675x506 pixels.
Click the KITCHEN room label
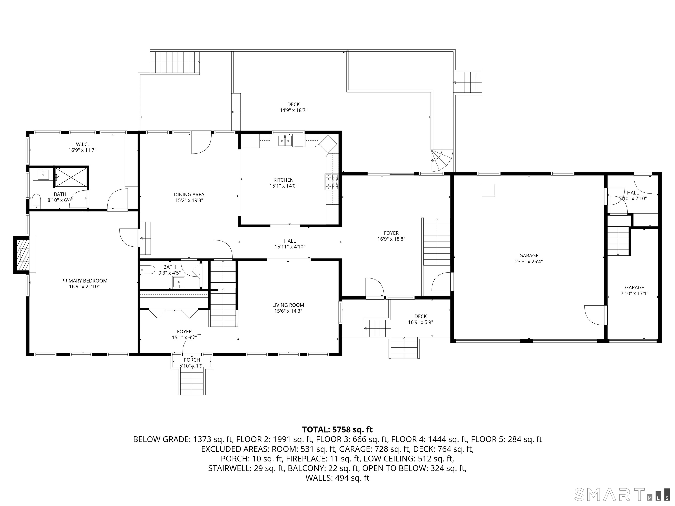[x=283, y=180]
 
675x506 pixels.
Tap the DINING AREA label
[x=189, y=195]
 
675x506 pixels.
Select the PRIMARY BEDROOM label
[x=84, y=281]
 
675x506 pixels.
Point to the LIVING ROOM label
[x=288, y=305]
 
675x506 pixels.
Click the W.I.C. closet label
[x=82, y=144]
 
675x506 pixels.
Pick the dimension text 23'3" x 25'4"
[x=529, y=261]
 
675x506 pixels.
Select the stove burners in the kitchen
[x=332, y=182]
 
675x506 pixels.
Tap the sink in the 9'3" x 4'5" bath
[x=178, y=282]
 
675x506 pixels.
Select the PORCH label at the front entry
[x=192, y=360]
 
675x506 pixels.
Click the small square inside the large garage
[x=488, y=190]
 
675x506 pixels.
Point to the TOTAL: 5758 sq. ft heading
[x=337, y=430]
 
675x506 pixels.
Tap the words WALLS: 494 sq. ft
[x=337, y=478]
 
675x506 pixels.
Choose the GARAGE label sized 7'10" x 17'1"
[x=634, y=288]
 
